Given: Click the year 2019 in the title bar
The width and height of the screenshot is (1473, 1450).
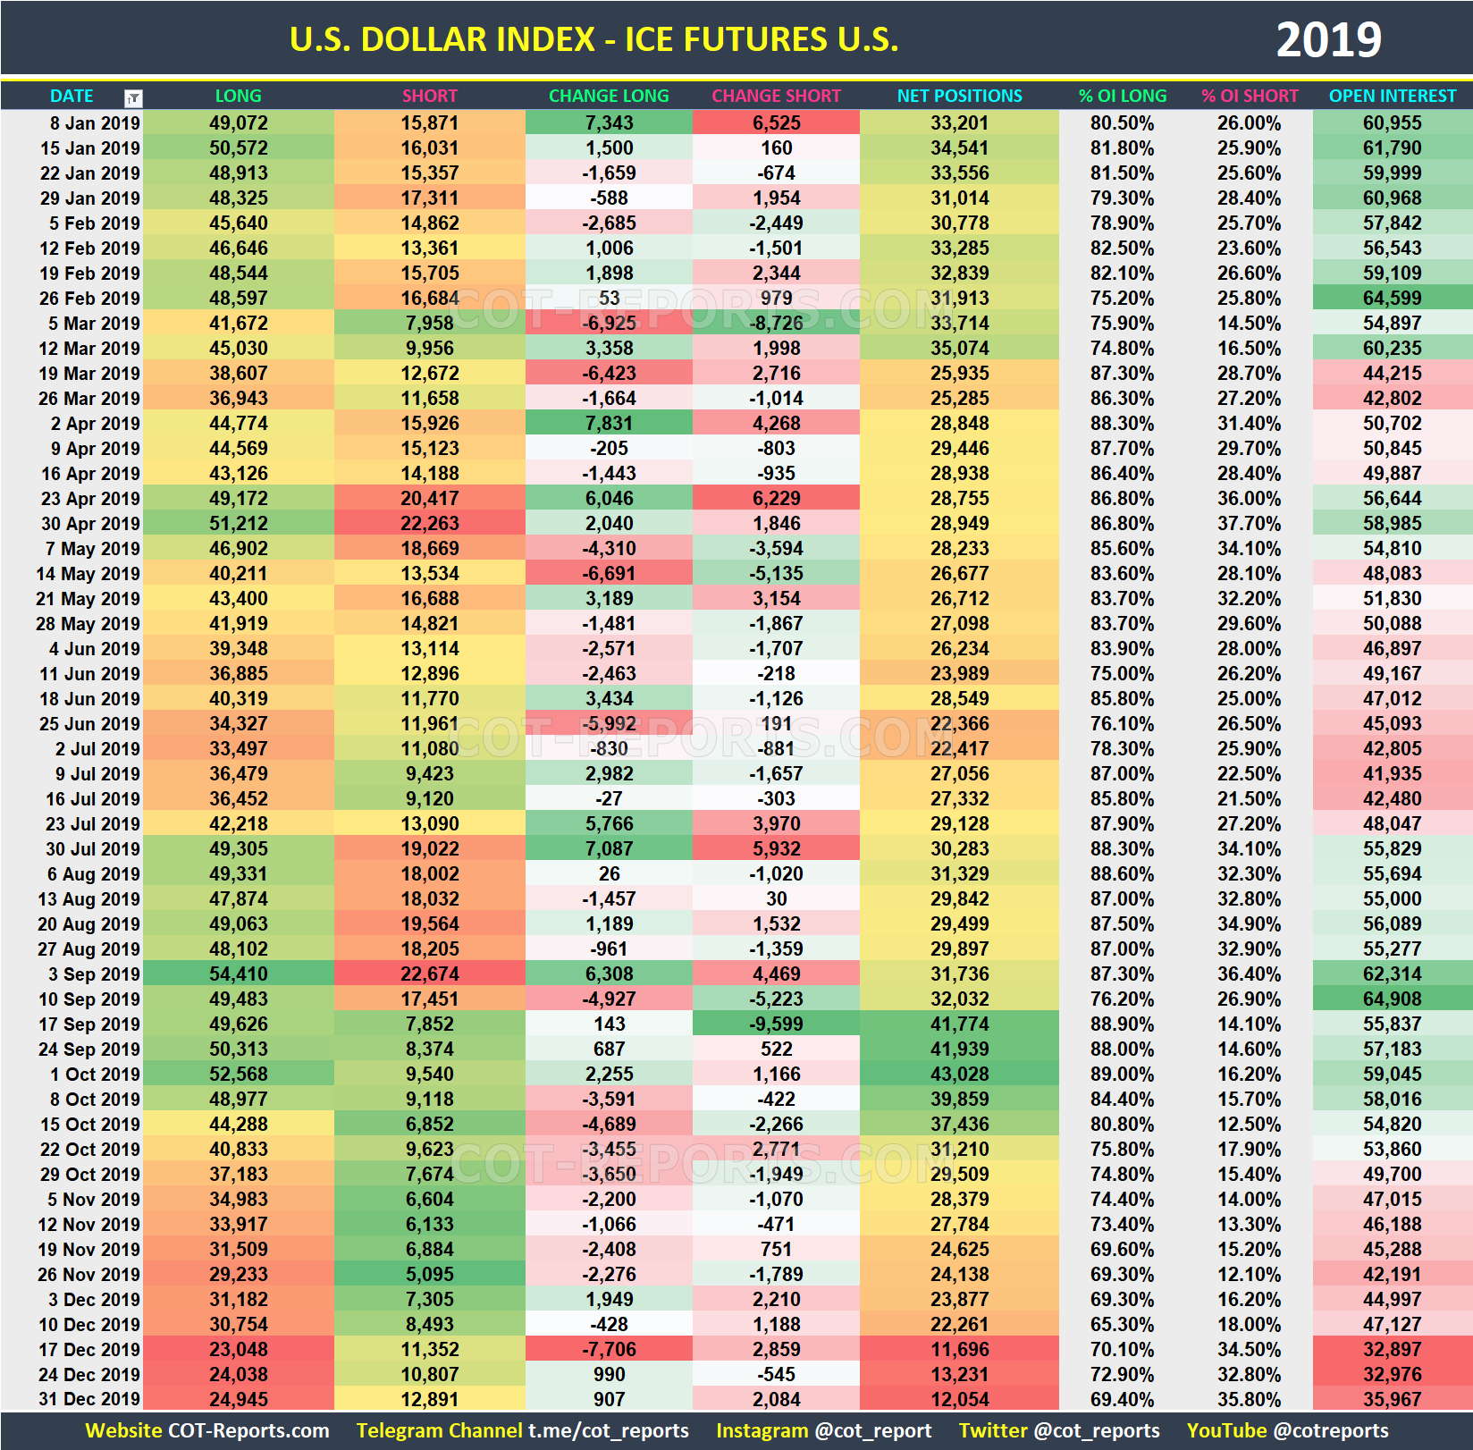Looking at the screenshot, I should coord(1328,39).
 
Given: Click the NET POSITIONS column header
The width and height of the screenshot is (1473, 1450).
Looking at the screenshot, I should coord(959,96).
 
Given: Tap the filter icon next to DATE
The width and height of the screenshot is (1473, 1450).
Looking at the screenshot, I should coord(133,97).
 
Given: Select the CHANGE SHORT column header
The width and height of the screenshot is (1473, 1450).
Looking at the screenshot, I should coord(776,96).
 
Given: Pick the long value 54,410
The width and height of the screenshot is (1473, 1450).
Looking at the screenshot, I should coord(238,974).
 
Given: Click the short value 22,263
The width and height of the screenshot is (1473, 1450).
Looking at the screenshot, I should coord(429,523).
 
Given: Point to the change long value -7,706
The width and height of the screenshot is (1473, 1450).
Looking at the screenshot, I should coord(609,1349).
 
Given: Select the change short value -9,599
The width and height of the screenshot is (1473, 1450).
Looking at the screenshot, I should coord(776,1024).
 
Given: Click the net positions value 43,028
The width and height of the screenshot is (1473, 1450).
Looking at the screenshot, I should coord(959,1074).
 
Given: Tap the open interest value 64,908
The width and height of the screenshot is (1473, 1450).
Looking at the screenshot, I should coord(1392,999).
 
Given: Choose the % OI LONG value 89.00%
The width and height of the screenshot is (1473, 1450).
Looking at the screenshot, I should coord(1122,1074).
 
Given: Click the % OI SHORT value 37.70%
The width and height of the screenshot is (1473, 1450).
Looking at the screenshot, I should coord(1249,523).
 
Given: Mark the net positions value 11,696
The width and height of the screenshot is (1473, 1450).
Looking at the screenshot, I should coord(959,1349).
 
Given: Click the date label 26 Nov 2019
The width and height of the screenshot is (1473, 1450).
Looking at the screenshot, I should coord(88,1274).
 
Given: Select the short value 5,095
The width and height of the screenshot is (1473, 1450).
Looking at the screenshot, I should coord(429,1274).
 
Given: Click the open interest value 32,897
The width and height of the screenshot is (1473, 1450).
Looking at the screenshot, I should coord(1392,1349).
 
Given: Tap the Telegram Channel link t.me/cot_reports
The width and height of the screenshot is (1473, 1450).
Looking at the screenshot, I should coord(608,1430).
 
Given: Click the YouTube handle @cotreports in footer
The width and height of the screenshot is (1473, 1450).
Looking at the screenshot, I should coord(1331,1430).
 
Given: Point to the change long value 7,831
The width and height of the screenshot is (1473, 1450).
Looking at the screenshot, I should coord(609,423).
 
